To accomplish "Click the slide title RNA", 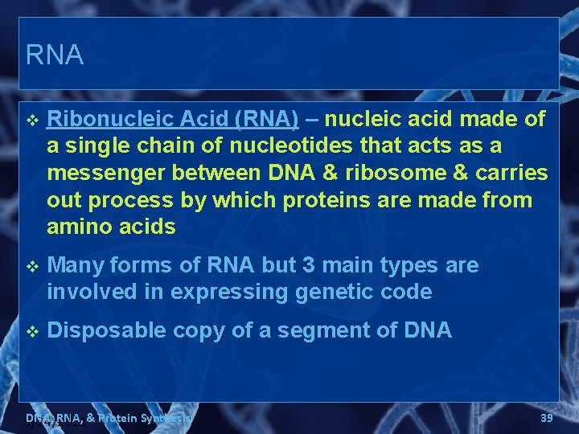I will pos(54,55).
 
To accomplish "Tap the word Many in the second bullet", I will pos(74,265).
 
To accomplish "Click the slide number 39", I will pos(546,418).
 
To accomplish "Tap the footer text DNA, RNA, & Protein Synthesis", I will pos(108,418).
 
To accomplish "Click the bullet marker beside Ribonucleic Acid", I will pos(32,121).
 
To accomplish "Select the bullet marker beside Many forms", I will pos(32,266).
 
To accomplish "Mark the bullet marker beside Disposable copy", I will pos(32,331).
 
